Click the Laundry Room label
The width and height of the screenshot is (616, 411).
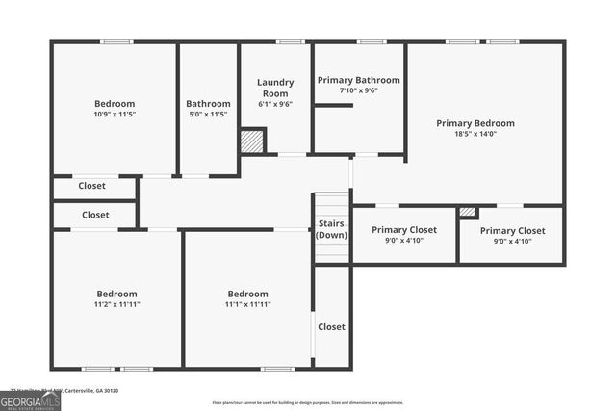click(274, 88)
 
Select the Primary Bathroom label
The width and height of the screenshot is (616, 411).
click(357, 81)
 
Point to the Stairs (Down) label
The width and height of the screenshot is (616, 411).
click(332, 229)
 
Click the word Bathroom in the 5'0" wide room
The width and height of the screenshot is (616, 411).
click(208, 104)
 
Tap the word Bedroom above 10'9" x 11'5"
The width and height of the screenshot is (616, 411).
click(115, 104)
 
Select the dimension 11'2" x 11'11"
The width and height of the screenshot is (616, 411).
click(116, 304)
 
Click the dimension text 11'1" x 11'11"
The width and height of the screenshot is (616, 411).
click(247, 304)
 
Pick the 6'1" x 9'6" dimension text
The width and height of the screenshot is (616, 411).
click(274, 104)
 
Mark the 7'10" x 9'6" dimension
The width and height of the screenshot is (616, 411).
click(357, 91)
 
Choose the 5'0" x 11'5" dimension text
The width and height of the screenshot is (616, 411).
click(208, 115)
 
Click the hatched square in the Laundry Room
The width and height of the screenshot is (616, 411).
click(252, 141)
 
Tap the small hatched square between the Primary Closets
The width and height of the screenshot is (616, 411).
click(467, 212)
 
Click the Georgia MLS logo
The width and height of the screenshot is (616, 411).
click(30, 400)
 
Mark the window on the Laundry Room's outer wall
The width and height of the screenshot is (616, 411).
click(290, 41)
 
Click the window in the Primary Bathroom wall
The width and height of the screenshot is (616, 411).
click(371, 41)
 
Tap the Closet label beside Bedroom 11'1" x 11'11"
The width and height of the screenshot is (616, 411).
click(331, 327)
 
